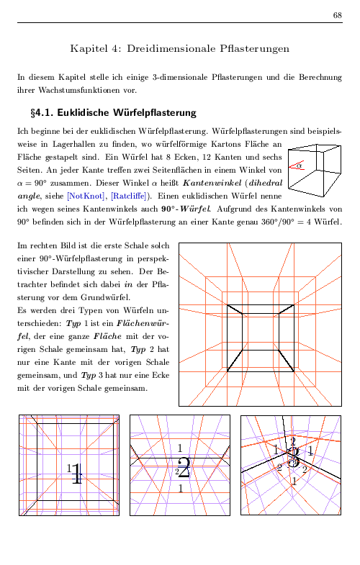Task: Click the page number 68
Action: tap(338, 15)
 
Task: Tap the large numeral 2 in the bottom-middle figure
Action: tap(163, 469)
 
